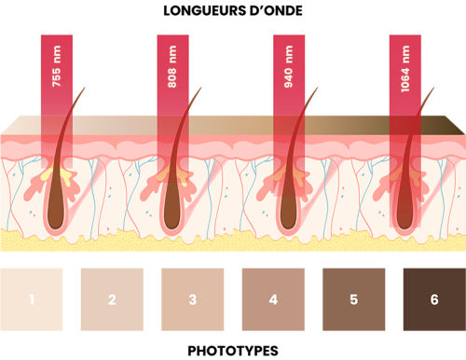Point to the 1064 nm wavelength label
point(404,67)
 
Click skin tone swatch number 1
point(32,299)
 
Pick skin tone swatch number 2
point(112,299)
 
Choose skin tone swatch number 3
point(192,299)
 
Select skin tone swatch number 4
point(273,299)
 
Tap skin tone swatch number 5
point(353,299)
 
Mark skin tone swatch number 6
point(433,299)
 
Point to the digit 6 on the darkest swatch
point(433,299)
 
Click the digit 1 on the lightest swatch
point(32,299)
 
